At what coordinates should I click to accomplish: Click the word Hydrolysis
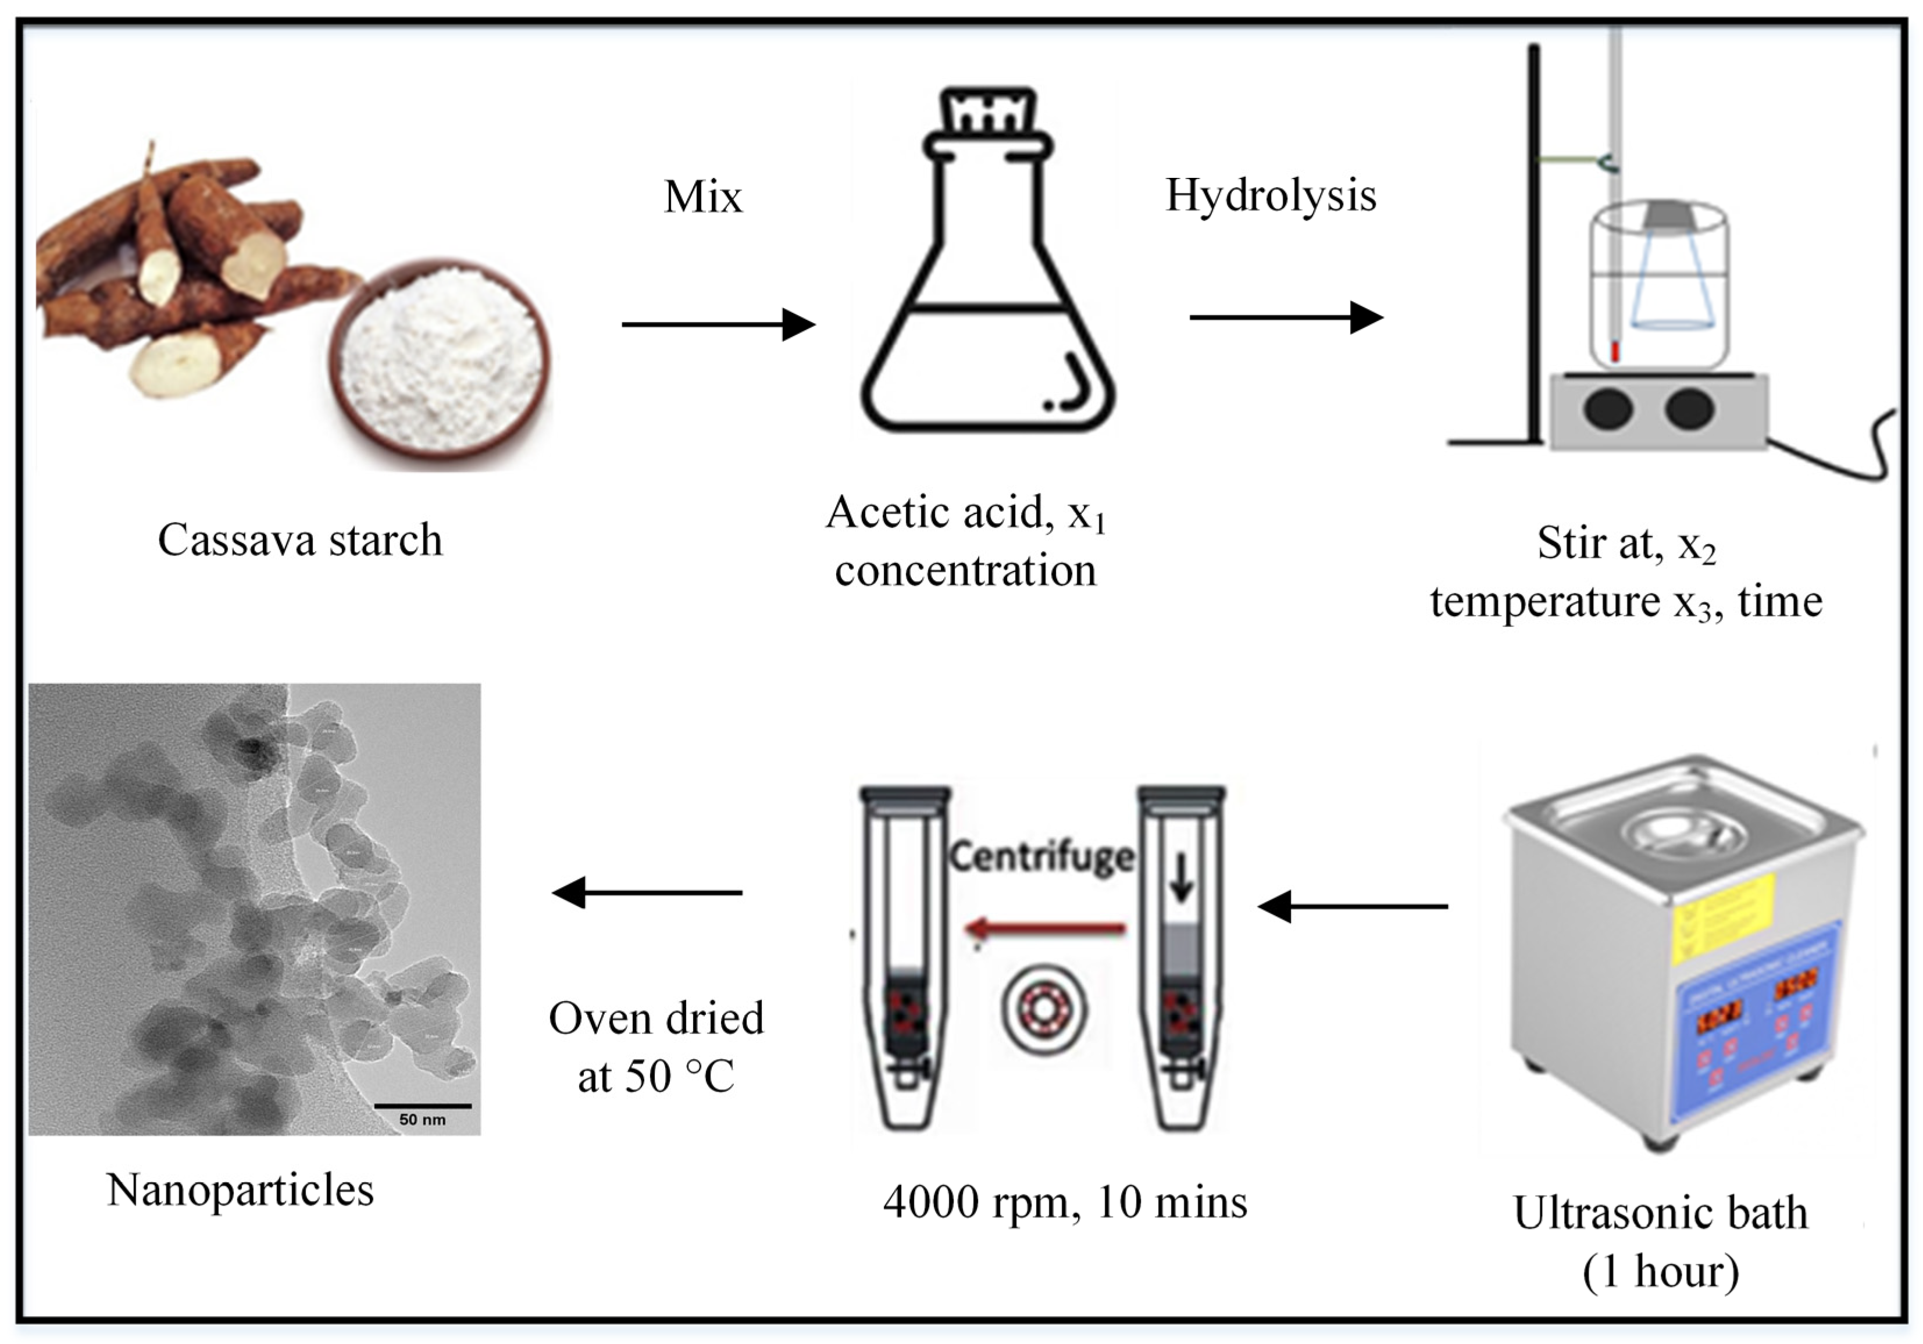tap(1270, 196)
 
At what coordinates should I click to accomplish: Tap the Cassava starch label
tap(300, 540)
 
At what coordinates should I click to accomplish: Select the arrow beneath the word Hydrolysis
tap(1286, 317)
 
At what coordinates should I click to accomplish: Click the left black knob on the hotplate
tap(1607, 409)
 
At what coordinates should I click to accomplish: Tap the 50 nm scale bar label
tap(422, 1120)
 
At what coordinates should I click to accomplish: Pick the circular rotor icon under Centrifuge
tap(1044, 1006)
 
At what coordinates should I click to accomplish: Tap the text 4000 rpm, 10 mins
tap(1065, 1203)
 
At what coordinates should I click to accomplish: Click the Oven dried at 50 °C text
tap(656, 1048)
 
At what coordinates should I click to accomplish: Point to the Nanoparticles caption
tap(240, 1190)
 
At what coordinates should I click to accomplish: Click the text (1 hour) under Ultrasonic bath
tap(1660, 1271)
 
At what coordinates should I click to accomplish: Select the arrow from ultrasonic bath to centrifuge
tap(1353, 906)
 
